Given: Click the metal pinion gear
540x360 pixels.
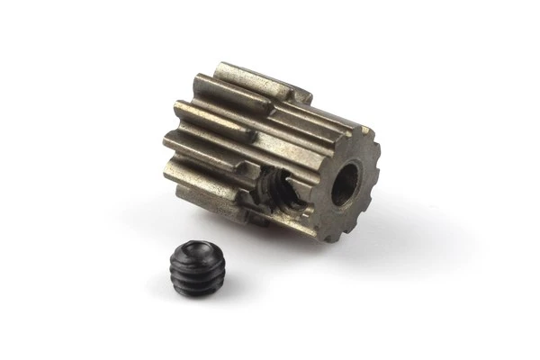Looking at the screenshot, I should [270, 153].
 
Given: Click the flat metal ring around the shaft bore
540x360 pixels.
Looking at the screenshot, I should [327, 202].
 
